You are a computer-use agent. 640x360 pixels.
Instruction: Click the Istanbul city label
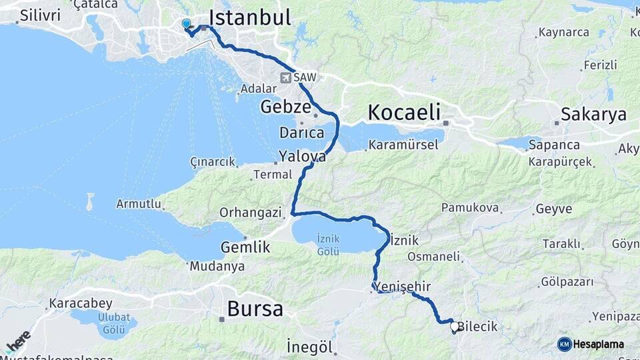click(x=250, y=17)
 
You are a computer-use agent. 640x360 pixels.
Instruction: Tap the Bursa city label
click(x=255, y=309)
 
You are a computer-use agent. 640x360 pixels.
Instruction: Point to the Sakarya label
click(x=593, y=114)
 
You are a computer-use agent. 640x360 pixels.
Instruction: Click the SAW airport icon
click(x=286, y=77)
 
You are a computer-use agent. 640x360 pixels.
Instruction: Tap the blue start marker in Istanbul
click(x=186, y=24)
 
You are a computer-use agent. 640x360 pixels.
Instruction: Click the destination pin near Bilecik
click(x=455, y=327)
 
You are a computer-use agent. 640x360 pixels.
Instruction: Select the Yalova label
click(x=303, y=157)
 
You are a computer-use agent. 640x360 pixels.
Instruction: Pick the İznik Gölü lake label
click(x=329, y=244)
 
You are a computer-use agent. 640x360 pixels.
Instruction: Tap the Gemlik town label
click(x=245, y=247)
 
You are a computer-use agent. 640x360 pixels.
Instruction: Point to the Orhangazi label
click(x=250, y=213)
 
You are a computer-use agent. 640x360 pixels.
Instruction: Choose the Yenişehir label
click(x=403, y=286)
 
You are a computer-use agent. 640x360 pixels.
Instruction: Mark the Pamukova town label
click(x=470, y=208)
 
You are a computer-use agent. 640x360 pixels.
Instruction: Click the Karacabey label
click(x=81, y=303)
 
